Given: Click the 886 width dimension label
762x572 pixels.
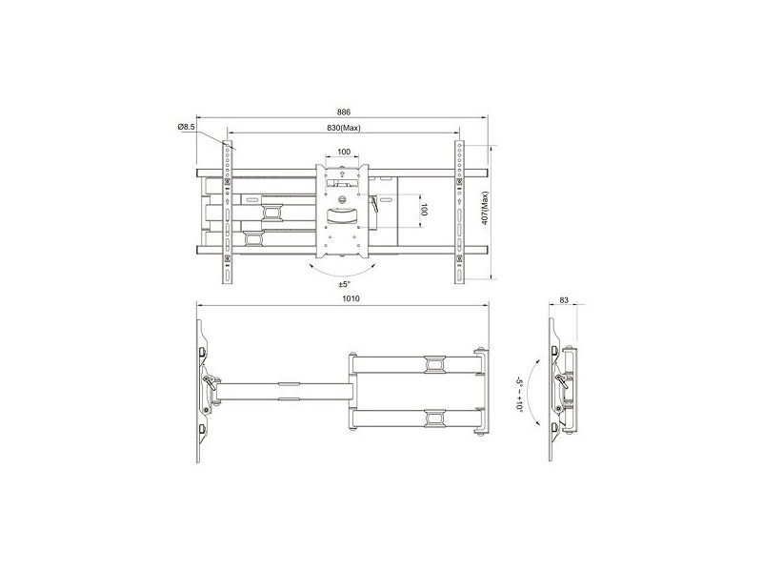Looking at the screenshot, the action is [x=344, y=112].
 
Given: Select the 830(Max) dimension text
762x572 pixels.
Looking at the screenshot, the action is [x=344, y=128].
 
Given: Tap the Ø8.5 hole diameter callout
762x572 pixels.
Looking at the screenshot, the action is [x=187, y=127].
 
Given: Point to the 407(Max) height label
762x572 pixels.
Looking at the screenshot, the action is [x=485, y=208].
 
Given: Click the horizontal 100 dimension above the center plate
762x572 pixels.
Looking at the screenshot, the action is [x=344, y=152].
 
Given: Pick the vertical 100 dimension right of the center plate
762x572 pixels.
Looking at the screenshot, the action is [x=424, y=211].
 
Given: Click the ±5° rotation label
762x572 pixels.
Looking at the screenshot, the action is [x=344, y=283].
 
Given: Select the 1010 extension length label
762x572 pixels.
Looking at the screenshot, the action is [x=351, y=298].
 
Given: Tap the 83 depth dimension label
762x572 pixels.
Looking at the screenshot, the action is [x=564, y=300].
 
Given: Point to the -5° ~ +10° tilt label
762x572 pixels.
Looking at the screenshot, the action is [x=518, y=395].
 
